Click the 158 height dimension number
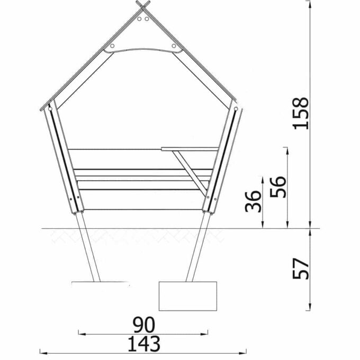click(301, 113)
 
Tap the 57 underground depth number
click(301, 268)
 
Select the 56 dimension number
click(278, 187)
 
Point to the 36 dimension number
click(253, 201)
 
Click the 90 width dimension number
click(144, 325)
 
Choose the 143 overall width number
click(144, 344)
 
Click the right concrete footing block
click(188, 296)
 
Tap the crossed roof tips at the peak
click(143, 5)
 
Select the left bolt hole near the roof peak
click(139, 19)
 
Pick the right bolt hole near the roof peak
click(147, 19)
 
